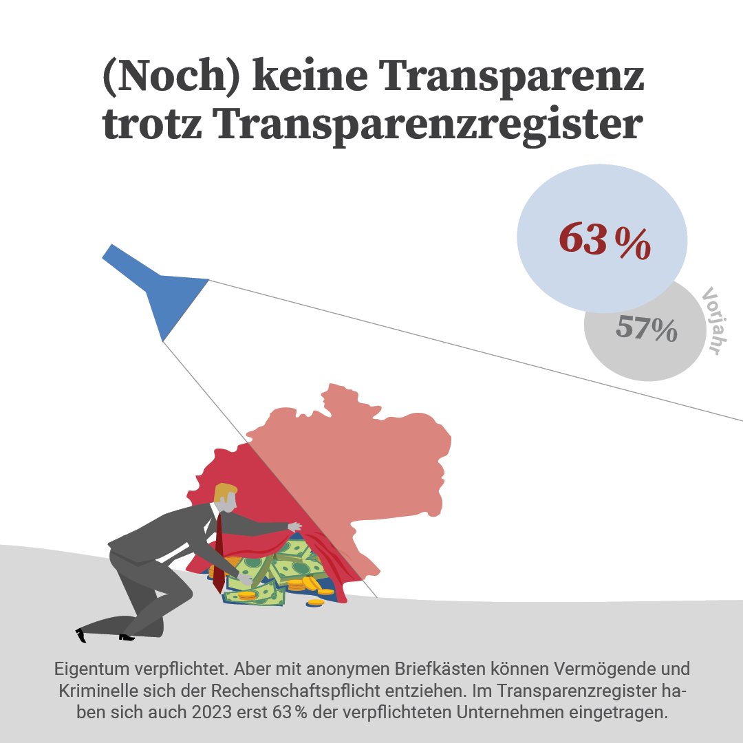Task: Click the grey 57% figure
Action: (x=646, y=328)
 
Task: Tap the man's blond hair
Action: (x=226, y=493)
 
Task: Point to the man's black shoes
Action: (x=103, y=634)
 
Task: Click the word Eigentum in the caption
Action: (x=85, y=669)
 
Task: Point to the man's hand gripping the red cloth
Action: (x=294, y=527)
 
